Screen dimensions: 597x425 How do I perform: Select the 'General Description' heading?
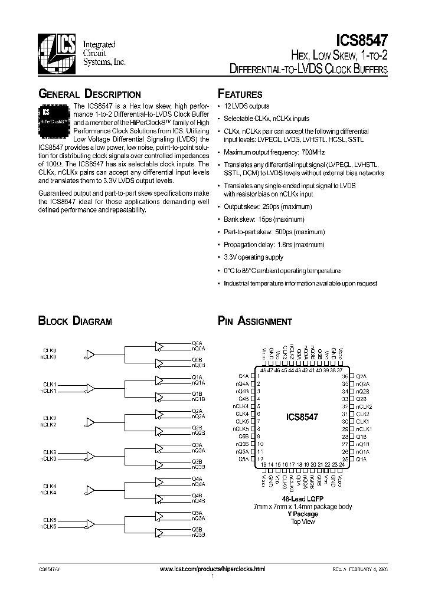[89, 94]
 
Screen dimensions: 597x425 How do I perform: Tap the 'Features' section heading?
[240, 94]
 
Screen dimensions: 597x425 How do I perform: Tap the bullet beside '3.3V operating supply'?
[220, 257]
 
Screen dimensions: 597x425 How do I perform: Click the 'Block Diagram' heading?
[75, 322]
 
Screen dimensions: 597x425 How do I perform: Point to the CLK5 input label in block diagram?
[49, 520]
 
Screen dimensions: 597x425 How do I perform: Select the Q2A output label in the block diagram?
[197, 410]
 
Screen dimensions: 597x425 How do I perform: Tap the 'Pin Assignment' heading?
[255, 322]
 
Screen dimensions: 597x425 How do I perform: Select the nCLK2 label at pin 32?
[364, 406]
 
